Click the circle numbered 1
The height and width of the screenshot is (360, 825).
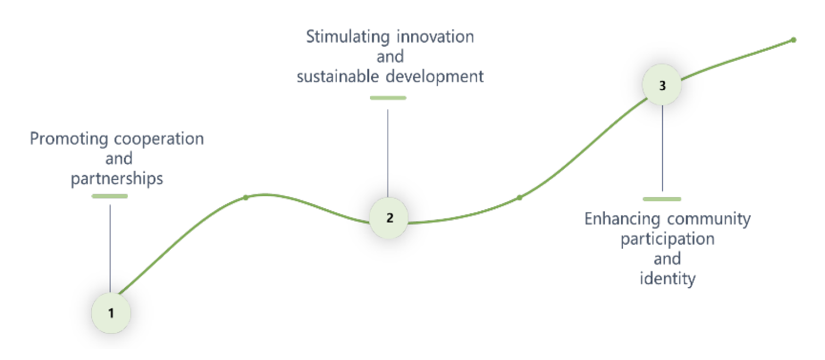point(111,313)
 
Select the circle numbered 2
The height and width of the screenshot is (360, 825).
point(389,218)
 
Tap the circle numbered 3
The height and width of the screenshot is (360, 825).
point(662,85)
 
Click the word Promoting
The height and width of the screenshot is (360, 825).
point(69,139)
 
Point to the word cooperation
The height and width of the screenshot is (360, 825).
point(159,139)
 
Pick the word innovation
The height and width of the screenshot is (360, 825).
point(435,36)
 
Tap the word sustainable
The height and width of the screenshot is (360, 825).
point(338,76)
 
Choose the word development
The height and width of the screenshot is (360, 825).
point(435,77)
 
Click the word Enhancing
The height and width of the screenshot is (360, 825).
point(622,219)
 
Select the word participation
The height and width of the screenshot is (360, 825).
point(667,240)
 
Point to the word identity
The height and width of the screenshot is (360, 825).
point(667,279)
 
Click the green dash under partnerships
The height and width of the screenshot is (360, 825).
point(110,196)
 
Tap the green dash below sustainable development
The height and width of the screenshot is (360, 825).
point(388,98)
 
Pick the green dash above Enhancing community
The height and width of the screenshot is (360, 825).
point(662,199)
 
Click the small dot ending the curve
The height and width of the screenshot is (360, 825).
point(794,40)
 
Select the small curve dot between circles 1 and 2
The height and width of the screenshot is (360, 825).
point(246,198)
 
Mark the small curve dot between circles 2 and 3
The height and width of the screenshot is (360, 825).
point(520,198)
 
